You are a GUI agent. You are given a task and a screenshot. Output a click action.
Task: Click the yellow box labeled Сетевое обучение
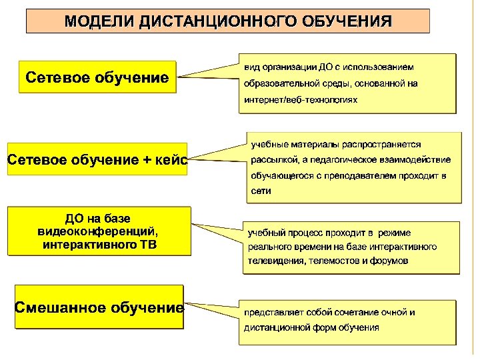[x=97, y=78]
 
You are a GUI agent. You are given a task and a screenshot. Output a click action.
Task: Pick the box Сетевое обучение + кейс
[x=97, y=160]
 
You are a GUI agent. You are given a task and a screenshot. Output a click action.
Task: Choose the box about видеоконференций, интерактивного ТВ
[x=99, y=231]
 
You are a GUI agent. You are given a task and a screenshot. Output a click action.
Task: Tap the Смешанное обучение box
[x=99, y=307]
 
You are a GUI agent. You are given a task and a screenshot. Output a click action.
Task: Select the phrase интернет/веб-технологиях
[x=301, y=99]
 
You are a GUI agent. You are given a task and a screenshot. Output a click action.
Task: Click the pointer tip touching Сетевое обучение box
[x=179, y=77]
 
